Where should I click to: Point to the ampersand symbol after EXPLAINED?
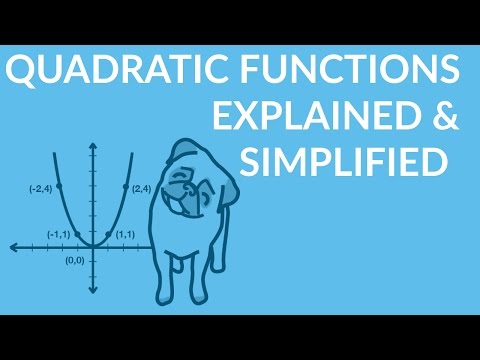tap(443, 117)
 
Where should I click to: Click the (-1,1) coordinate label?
tap(59, 234)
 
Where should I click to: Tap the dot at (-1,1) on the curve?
tap(76, 234)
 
